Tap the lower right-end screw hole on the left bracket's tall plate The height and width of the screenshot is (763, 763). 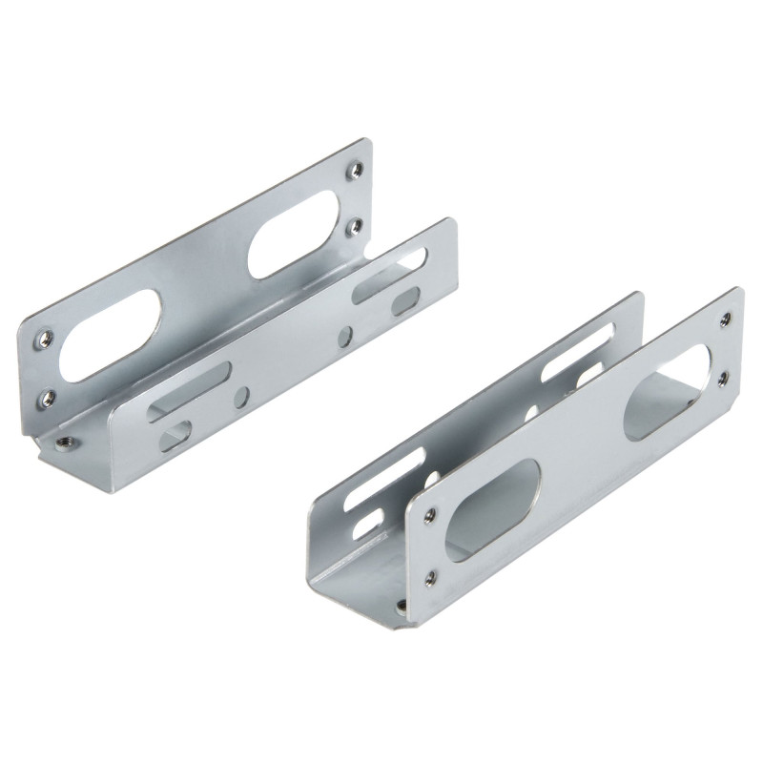coord(352,226)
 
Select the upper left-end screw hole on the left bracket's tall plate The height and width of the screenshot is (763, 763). coord(44,338)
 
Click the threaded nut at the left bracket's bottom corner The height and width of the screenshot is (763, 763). coord(65,441)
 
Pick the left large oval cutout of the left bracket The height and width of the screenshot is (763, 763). coord(118,334)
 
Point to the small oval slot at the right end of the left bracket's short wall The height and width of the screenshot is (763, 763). coord(405,301)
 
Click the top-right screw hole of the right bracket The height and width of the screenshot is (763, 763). coord(725,318)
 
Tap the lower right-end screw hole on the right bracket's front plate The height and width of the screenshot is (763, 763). coord(722,378)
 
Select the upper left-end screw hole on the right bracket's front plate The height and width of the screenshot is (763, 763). coord(429,515)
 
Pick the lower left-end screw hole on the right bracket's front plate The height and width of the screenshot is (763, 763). coord(431,577)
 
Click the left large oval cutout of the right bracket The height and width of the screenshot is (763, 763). coord(492,510)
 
